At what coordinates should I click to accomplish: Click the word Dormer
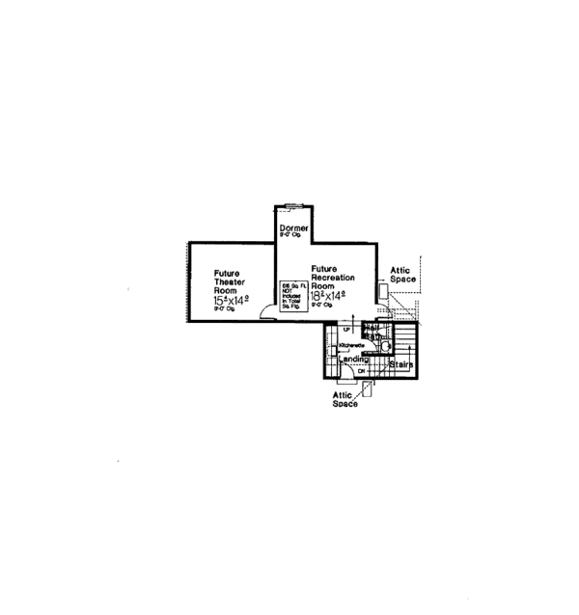(x=294, y=227)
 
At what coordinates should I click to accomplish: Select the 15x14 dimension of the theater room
(x=231, y=301)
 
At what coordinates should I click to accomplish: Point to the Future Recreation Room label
(x=332, y=277)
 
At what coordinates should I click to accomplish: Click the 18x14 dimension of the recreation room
(x=328, y=296)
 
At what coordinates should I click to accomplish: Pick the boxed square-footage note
(x=291, y=294)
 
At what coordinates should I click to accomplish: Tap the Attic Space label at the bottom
(x=345, y=400)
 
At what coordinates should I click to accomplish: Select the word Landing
(x=353, y=360)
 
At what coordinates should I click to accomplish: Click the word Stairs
(x=401, y=365)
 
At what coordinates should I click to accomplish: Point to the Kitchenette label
(x=351, y=344)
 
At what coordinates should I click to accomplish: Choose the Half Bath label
(x=373, y=332)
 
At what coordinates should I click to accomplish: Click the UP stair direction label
(x=345, y=330)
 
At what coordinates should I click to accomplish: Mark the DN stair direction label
(x=361, y=371)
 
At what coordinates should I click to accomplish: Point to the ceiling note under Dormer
(x=291, y=235)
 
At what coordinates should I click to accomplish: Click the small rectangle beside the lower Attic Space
(x=368, y=388)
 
